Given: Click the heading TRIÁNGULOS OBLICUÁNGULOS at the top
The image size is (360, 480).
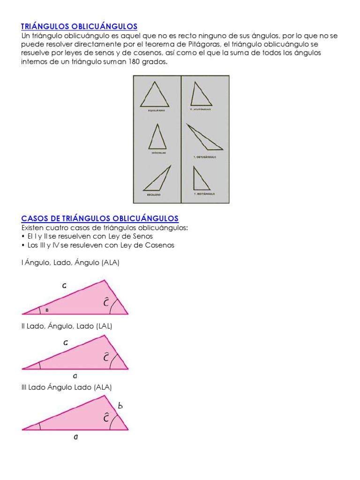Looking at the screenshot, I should [79, 26].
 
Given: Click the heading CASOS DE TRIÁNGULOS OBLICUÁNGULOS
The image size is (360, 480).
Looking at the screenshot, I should [100, 218].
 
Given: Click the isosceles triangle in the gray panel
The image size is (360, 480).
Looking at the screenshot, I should [157, 137].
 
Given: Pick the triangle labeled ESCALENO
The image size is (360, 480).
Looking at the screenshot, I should [157, 179].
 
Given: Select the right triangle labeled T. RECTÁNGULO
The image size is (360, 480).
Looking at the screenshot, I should [201, 178].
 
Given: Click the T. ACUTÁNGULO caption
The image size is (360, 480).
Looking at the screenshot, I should [201, 109].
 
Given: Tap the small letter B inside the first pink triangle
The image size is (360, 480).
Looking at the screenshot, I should [47, 310].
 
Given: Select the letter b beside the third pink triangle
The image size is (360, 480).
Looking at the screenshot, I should [120, 406].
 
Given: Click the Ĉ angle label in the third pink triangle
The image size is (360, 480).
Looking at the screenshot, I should [106, 417].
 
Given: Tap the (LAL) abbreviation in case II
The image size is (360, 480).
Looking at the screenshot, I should [104, 326].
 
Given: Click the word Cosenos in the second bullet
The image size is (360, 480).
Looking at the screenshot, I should [160, 245].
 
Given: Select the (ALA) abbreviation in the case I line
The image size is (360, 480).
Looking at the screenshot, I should [110, 263].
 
